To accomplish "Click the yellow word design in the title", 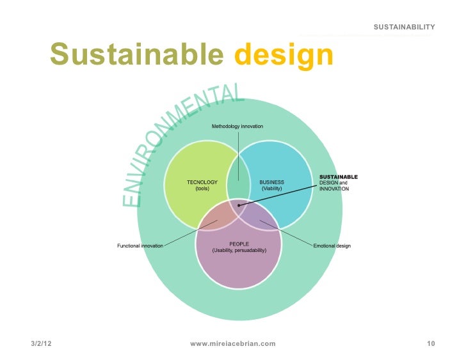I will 284,56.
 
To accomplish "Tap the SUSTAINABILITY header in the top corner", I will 405,27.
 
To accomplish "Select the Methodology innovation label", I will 237,127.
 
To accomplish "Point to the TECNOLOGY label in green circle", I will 202,182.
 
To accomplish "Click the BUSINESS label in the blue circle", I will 271,182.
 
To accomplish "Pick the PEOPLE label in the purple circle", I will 239,243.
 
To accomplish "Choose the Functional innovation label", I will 140,246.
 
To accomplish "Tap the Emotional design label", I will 332,246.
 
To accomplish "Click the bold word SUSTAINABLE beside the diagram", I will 338,176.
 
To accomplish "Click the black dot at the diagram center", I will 239,205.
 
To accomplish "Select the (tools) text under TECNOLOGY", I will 202,189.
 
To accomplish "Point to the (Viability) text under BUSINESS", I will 271,189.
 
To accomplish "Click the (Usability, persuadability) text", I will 239,250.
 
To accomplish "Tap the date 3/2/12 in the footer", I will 40,344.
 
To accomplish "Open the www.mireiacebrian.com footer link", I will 233,344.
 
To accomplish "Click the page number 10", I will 431,344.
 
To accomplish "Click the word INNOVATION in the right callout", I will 334,189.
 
